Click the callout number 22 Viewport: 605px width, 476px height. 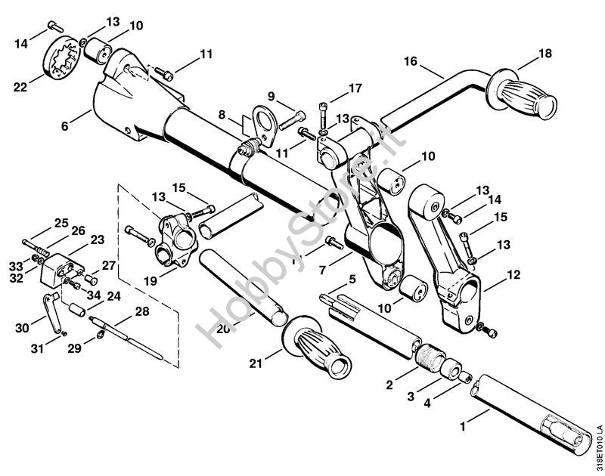(20, 87)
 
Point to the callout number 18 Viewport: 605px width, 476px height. (545, 53)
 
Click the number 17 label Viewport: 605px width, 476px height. (354, 88)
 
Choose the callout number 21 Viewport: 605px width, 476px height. (256, 366)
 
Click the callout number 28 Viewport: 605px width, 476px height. (142, 311)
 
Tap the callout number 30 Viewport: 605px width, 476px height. (22, 327)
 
